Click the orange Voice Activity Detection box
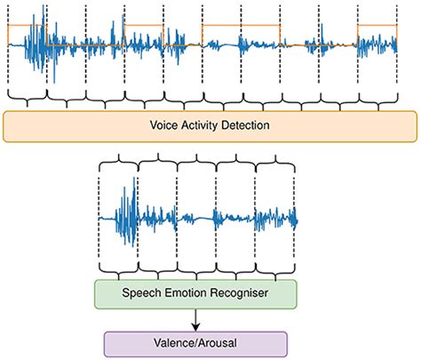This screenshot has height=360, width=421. click(x=210, y=126)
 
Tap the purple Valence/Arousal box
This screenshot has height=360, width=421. click(x=195, y=343)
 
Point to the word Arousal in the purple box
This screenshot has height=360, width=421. click(x=214, y=343)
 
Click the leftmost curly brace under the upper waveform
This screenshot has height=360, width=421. click(x=27, y=96)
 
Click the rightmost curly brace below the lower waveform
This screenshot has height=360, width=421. click(x=276, y=269)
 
